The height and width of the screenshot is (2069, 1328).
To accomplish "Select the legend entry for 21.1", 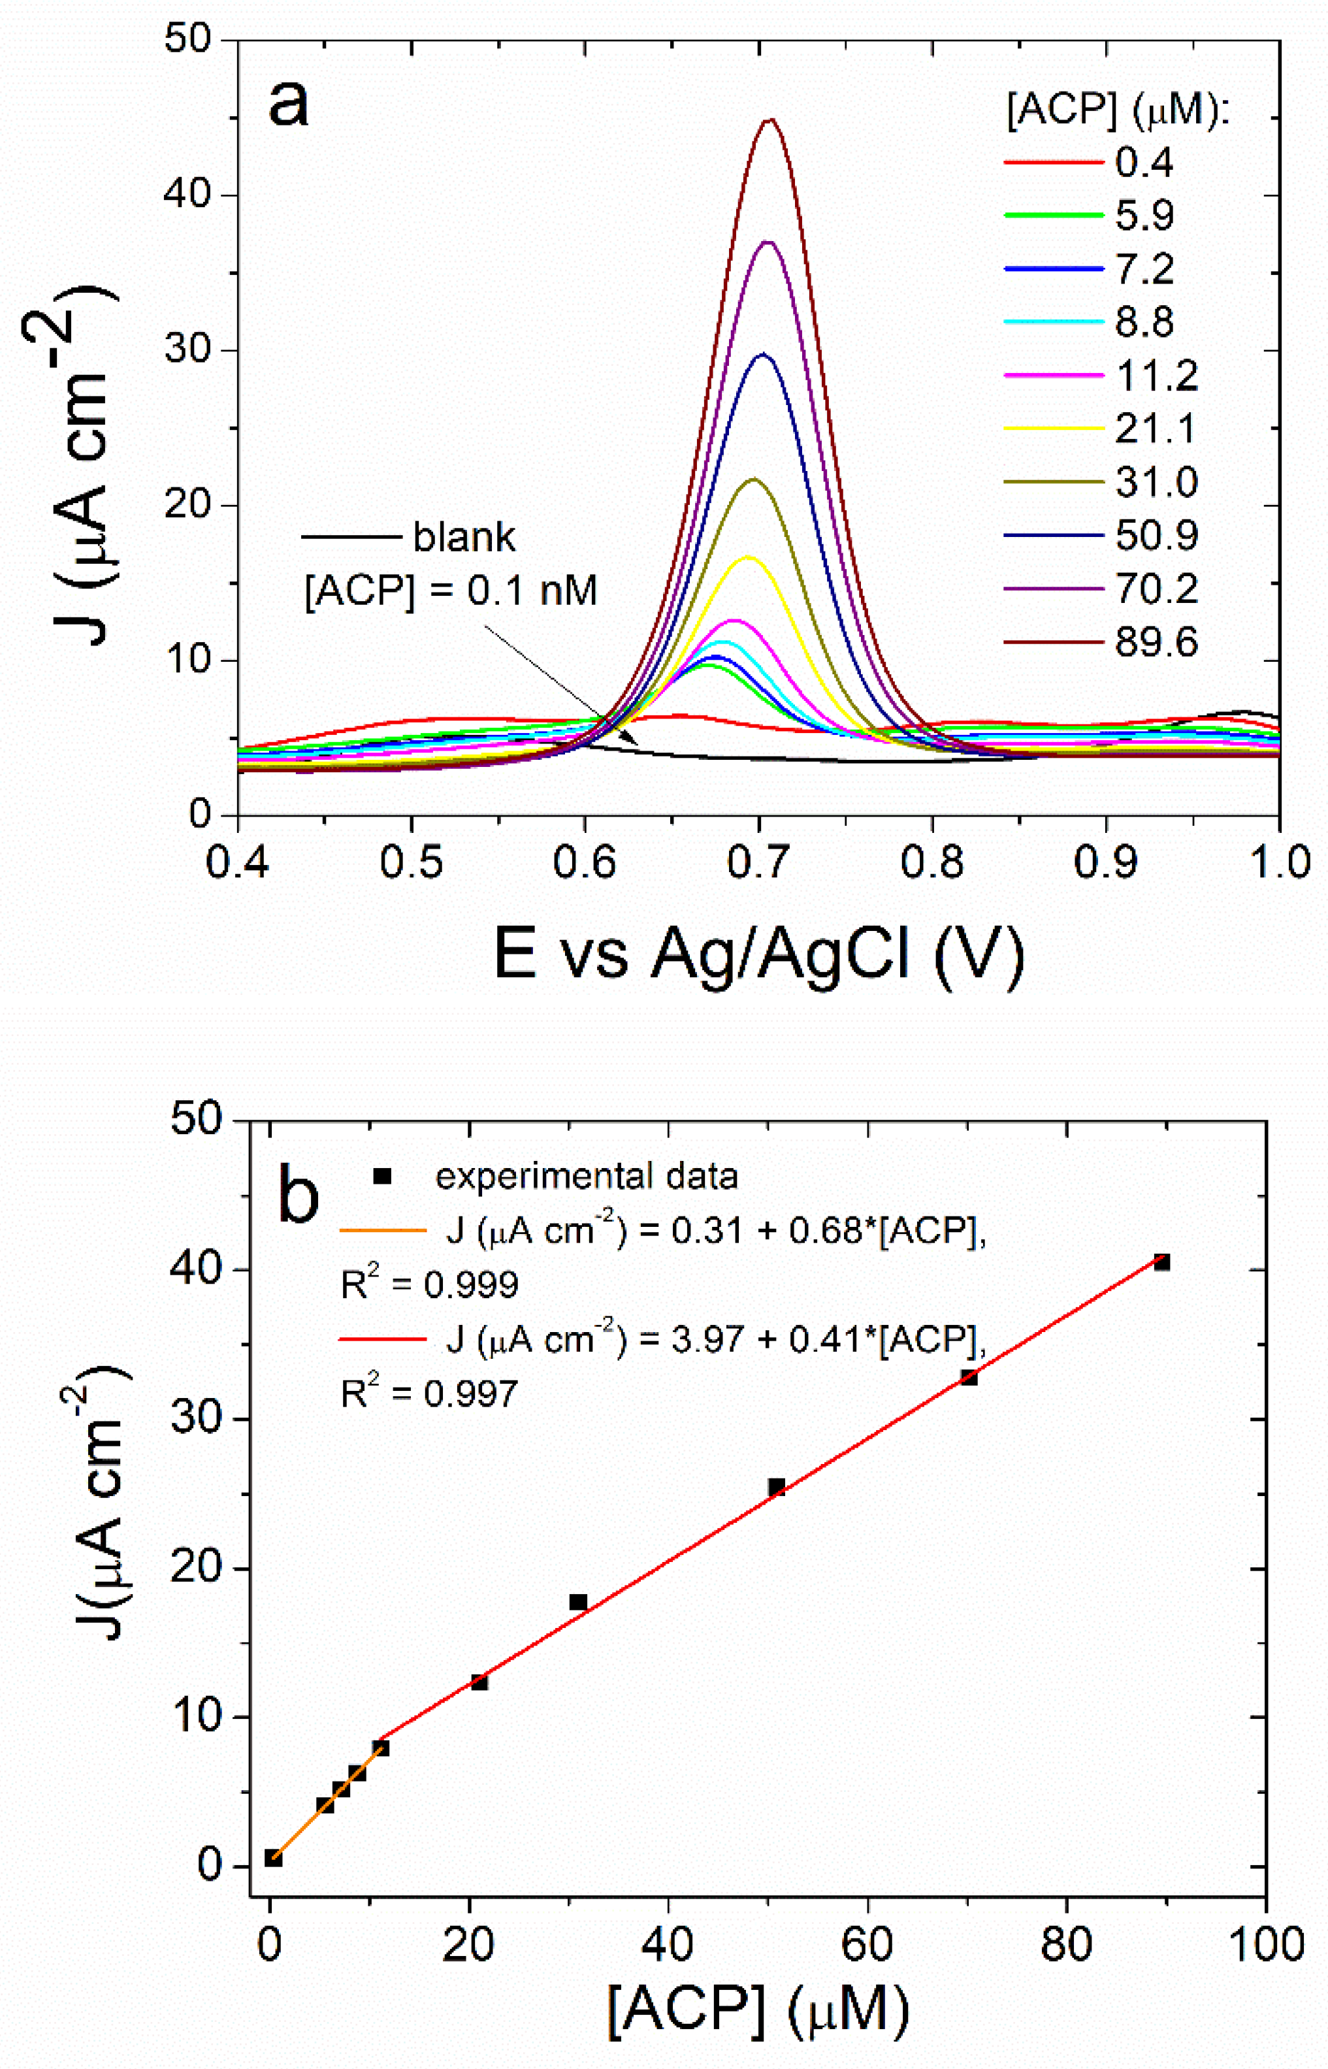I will (x=1155, y=429).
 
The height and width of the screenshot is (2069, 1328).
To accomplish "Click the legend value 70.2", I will (x=1156, y=589).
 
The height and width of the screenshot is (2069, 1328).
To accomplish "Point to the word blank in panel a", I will (x=464, y=537).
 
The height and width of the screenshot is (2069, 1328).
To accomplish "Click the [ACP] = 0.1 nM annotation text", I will (x=451, y=592).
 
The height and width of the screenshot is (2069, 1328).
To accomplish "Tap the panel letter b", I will (x=299, y=1196).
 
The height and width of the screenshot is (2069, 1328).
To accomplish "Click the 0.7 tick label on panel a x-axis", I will (x=759, y=863).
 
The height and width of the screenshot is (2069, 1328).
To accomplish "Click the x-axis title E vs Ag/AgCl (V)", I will (x=759, y=954).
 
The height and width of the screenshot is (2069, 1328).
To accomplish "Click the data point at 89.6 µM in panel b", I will (x=1161, y=1263).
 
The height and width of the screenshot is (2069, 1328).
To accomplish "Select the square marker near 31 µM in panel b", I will (x=577, y=1603).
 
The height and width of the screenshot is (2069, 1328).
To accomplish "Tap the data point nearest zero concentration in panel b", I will (x=273, y=1859).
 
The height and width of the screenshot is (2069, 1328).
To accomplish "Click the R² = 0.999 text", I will (x=429, y=1285).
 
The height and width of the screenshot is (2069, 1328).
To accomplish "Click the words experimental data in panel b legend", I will (x=587, y=1177).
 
